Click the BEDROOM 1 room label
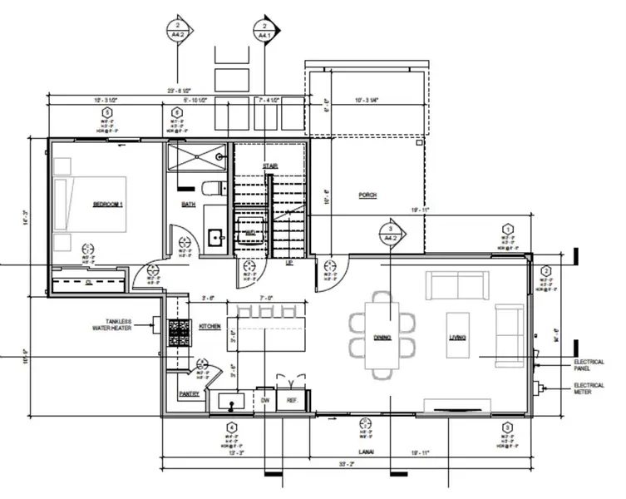[x=107, y=204]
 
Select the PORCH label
[x=367, y=195]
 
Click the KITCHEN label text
[x=209, y=327]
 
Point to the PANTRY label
[x=189, y=394]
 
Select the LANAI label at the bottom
[x=367, y=452]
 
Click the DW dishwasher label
[x=266, y=401]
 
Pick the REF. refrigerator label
[x=292, y=401]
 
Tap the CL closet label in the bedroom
[x=88, y=282]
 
